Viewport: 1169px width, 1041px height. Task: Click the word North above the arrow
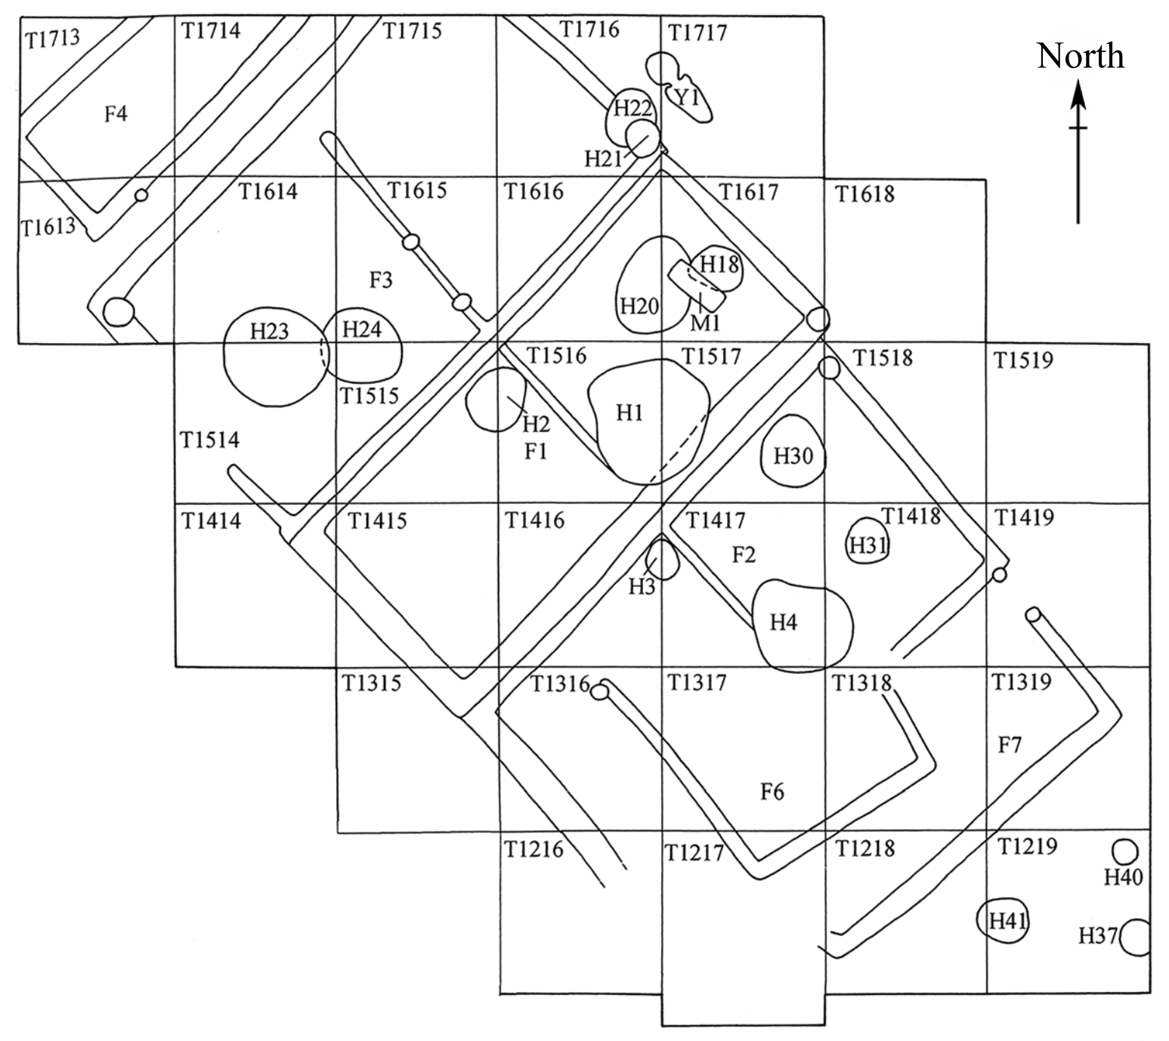(x=1080, y=57)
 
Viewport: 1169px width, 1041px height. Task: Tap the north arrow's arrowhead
(x=1078, y=94)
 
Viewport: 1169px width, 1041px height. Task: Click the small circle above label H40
(x=1126, y=852)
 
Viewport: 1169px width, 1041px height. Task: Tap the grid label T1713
(x=52, y=39)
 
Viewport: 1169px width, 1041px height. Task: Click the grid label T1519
(x=1023, y=360)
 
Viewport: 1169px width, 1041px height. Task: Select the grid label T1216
(x=533, y=850)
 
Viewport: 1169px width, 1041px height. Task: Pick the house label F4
(x=116, y=115)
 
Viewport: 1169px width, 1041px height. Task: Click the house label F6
(x=772, y=792)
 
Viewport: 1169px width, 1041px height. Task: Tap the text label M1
(x=706, y=323)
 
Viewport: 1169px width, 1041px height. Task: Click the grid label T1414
(x=211, y=520)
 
